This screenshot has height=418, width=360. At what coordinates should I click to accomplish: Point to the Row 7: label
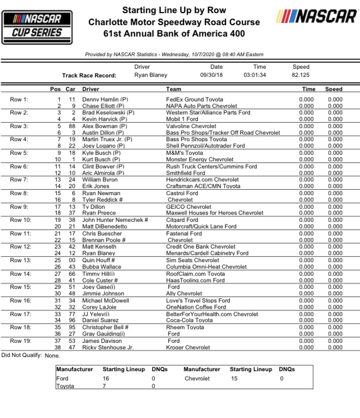pyautogui.click(x=21, y=179)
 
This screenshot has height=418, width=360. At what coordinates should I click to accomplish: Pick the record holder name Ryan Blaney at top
pyautogui.click(x=151, y=75)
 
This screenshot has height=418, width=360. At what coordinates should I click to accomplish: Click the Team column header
pyautogui.click(x=174, y=88)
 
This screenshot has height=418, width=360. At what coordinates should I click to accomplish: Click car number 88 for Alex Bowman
pyautogui.click(x=71, y=126)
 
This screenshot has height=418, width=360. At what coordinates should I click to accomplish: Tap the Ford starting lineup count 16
pyautogui.click(x=106, y=378)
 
